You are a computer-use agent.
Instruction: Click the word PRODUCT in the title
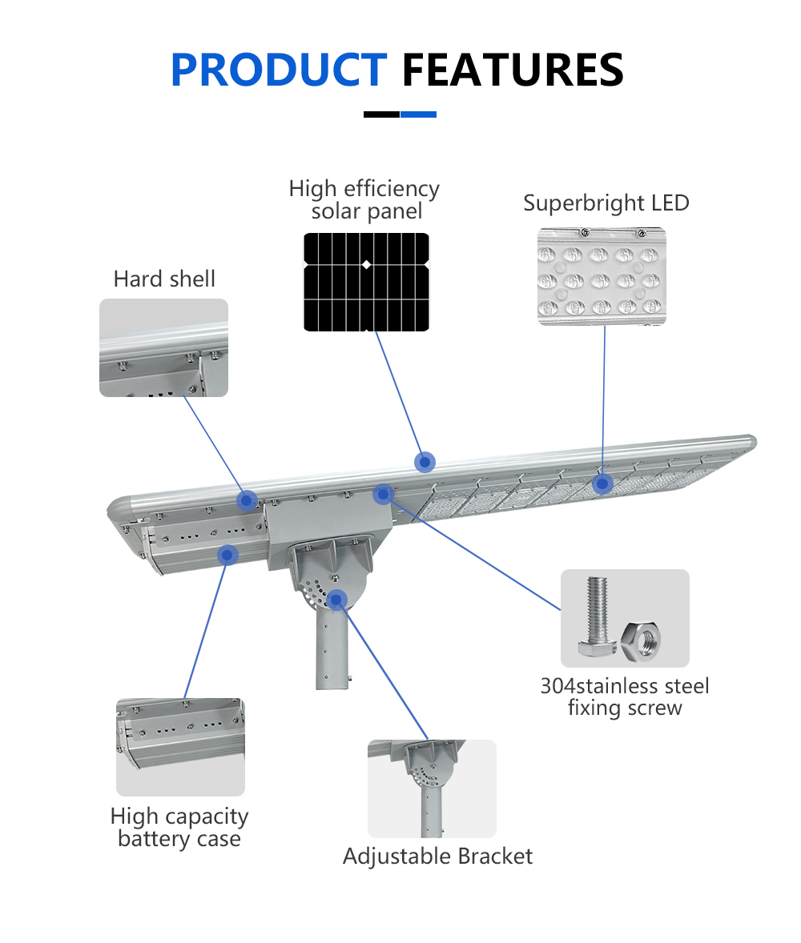[279, 70]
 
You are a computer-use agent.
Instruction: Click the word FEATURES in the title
[513, 70]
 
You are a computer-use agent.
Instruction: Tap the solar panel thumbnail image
[366, 281]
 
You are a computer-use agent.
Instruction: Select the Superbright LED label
[606, 203]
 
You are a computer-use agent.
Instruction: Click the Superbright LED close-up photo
[602, 275]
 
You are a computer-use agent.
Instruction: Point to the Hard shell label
[164, 279]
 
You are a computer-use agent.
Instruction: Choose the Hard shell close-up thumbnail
[163, 347]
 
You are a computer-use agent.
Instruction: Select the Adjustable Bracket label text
[437, 857]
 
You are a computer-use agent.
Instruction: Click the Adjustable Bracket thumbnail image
[432, 789]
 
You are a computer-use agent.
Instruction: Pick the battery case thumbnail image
[180, 747]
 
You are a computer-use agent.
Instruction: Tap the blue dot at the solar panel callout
[425, 461]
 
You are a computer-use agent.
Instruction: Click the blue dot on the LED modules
[602, 484]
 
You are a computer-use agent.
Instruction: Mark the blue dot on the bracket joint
[336, 598]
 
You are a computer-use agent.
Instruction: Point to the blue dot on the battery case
[229, 554]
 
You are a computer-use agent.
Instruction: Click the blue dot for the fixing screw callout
[383, 493]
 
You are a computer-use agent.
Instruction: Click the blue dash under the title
[418, 114]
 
